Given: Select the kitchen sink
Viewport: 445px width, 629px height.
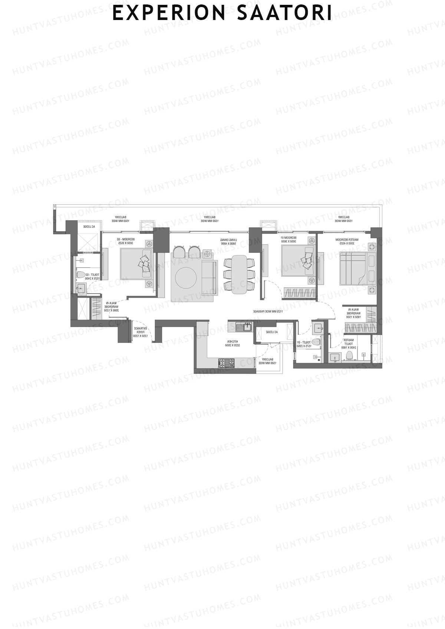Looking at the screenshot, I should pos(244,327).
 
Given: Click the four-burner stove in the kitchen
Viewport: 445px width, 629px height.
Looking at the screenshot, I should pos(226,362).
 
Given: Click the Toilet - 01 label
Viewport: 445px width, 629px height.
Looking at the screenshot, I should pos(303,344).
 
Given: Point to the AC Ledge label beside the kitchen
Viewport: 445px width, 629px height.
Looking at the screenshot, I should pos(272,332).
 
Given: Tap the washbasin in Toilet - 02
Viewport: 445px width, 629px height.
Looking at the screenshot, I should pos(80,288).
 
